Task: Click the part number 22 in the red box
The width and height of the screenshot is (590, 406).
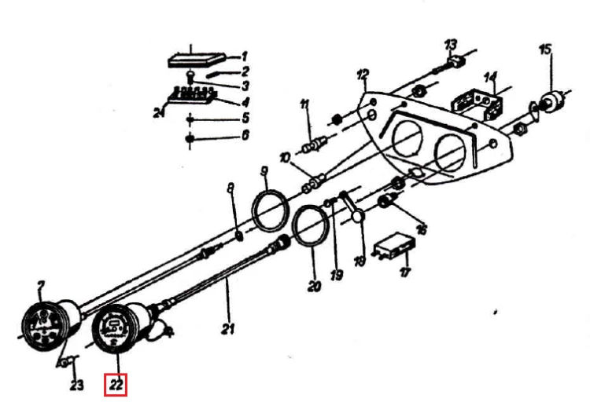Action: (116, 385)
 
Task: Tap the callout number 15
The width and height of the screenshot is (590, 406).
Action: (545, 49)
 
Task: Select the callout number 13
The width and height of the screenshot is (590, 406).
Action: (451, 44)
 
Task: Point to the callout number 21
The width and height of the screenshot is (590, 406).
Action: (227, 328)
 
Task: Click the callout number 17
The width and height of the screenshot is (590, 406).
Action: (405, 272)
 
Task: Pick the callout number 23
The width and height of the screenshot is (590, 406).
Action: (77, 385)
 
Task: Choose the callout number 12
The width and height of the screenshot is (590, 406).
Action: (363, 75)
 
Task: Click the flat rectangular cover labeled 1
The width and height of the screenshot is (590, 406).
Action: (197, 60)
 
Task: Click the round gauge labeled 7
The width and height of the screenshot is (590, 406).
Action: (45, 326)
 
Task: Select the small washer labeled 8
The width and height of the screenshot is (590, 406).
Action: (239, 236)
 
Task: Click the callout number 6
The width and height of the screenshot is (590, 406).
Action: (245, 134)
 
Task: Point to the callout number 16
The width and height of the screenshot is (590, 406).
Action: (422, 229)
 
